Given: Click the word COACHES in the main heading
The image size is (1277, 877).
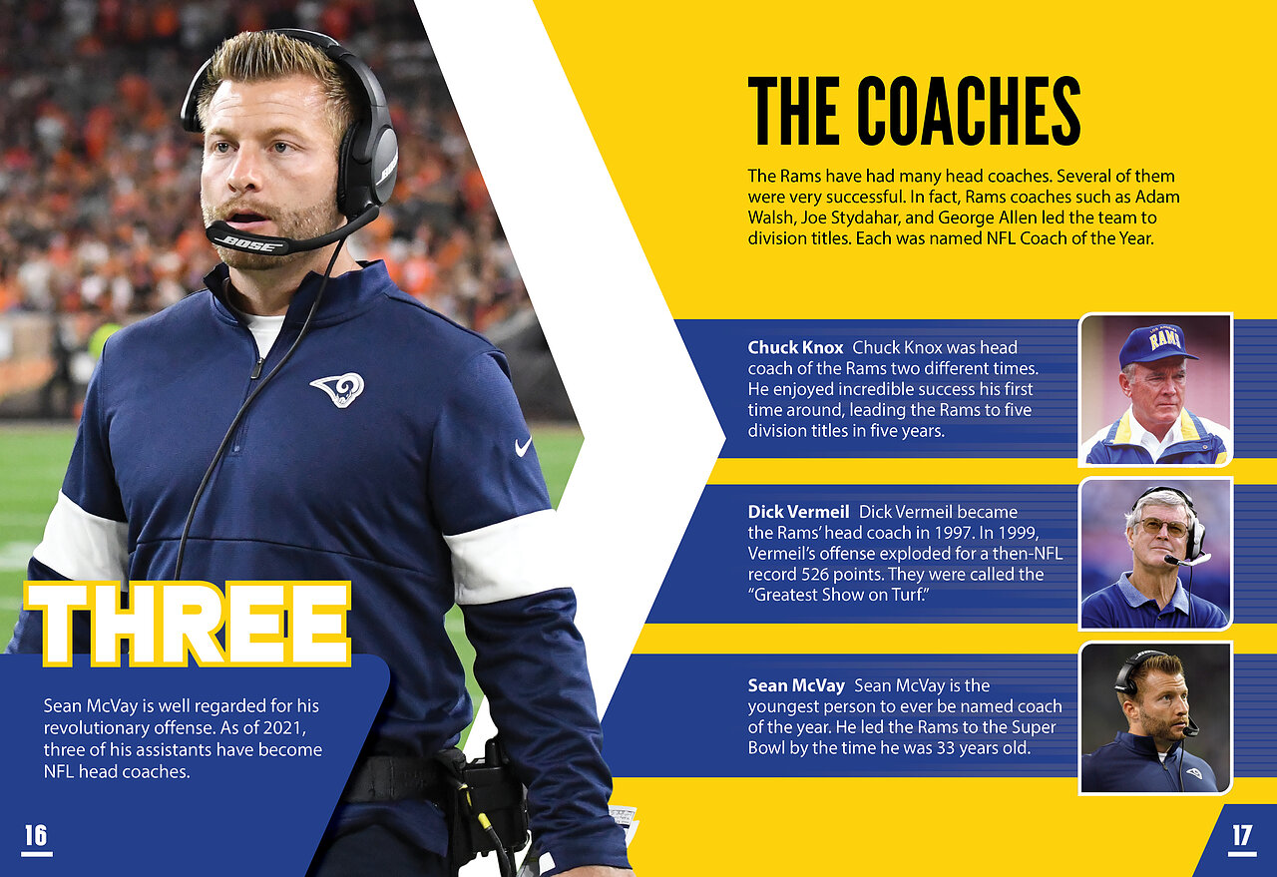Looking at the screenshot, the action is tap(969, 111).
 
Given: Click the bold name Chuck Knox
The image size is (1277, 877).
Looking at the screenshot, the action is tap(795, 347).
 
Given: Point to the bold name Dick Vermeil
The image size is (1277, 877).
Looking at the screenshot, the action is tap(798, 512).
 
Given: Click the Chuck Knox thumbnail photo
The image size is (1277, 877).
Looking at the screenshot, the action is tap(1155, 389).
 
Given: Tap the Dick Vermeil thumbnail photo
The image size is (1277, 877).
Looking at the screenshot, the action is tap(1155, 554).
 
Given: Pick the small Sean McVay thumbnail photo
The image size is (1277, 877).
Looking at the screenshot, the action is tap(1155, 718).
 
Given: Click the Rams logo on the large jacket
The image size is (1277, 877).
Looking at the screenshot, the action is tap(337, 389).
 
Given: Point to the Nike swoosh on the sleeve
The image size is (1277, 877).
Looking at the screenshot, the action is tap(523, 446).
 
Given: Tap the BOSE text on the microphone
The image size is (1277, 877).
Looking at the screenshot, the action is tap(250, 244).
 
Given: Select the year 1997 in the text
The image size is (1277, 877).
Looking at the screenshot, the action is tap(955, 532).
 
